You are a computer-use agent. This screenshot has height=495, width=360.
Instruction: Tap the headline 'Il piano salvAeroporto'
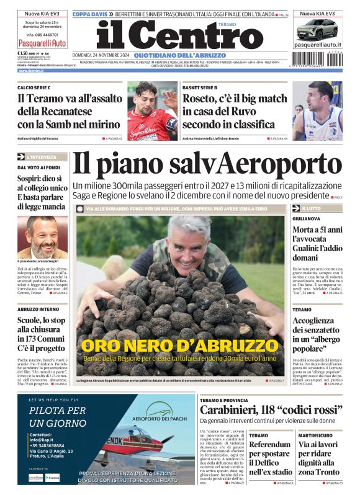coord(207,165)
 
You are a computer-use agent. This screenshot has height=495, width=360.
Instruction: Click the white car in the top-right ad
coord(317,29)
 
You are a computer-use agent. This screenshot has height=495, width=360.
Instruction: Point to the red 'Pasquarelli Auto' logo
coord(42,43)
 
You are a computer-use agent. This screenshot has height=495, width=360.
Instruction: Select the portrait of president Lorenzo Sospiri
coord(42,237)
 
